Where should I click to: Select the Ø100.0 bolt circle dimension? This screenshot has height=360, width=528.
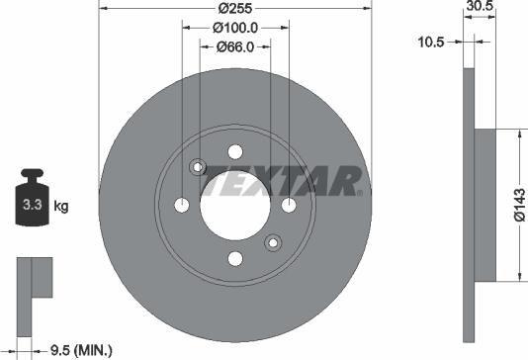tap(235, 30)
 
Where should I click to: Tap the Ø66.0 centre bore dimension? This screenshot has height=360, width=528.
tap(235, 45)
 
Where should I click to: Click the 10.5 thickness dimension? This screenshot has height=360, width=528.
tap(434, 43)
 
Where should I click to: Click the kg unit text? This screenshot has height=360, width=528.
tap(61, 207)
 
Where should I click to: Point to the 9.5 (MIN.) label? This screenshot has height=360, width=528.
tap(80, 349)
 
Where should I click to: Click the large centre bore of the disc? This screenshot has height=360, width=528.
tap(235, 205)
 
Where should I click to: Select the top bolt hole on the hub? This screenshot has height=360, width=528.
tap(235, 151)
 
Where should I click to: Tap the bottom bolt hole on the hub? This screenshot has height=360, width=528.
tap(235, 258)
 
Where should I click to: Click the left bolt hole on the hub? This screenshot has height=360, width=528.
tap(182, 205)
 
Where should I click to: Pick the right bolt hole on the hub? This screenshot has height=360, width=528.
tap(289, 205)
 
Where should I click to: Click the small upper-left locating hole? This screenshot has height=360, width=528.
tap(198, 167)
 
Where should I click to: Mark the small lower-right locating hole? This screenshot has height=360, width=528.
tap(274, 242)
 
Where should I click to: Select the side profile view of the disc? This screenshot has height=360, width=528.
tap(470, 205)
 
